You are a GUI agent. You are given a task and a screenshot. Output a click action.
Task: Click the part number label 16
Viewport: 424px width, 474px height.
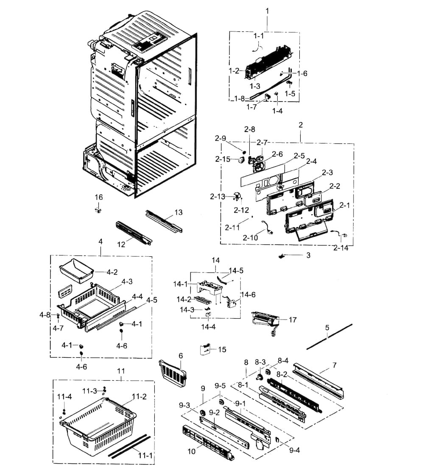coord(98,197)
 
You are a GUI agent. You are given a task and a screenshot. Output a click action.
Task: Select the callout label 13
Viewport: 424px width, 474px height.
coord(178,212)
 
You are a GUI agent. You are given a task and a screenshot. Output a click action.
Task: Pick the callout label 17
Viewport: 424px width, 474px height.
coord(293,320)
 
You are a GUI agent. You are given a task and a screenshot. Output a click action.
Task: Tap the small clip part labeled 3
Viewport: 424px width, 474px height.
coord(281,256)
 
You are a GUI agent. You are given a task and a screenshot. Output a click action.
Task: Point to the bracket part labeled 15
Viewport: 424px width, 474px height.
coord(205,350)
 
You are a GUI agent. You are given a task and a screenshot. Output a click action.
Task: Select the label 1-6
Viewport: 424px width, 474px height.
coord(302,73)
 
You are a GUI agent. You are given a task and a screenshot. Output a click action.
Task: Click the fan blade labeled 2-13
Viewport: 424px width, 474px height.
coord(235,196)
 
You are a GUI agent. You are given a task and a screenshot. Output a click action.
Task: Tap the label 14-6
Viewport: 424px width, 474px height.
coord(248,294)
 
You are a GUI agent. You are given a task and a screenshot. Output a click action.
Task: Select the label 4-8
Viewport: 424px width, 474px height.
coord(45,314)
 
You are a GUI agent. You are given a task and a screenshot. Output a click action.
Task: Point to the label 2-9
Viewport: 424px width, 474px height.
coord(220,138)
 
